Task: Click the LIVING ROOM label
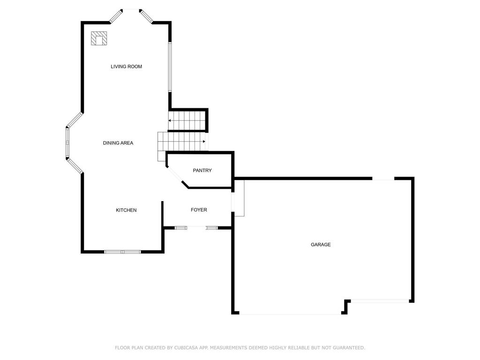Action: click(x=126, y=67)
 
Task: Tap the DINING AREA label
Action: click(x=118, y=143)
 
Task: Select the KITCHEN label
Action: click(x=126, y=210)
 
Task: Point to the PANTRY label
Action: click(x=202, y=171)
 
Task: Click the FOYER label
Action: click(x=199, y=210)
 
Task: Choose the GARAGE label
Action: click(x=321, y=245)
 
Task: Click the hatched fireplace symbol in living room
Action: click(x=99, y=38)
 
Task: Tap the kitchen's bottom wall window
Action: click(x=122, y=252)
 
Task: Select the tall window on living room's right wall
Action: click(x=171, y=67)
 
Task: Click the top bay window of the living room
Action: click(x=131, y=10)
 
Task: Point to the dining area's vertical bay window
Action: click(x=67, y=142)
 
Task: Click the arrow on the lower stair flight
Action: click(x=204, y=141)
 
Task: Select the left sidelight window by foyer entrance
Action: click(x=180, y=228)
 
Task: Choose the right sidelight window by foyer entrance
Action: click(x=212, y=228)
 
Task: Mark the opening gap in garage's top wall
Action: click(x=383, y=179)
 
